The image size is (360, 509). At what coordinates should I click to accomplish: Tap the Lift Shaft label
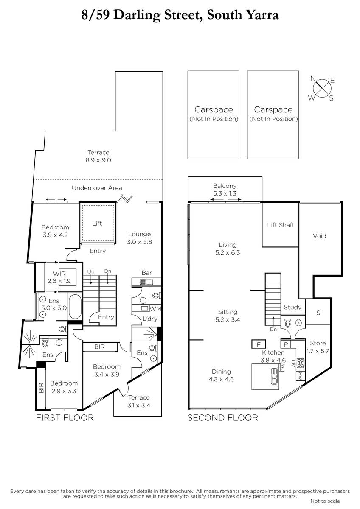tap(281, 225)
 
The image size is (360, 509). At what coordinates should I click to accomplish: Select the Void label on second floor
tap(320, 236)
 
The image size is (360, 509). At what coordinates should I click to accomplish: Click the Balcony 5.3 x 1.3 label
tap(225, 190)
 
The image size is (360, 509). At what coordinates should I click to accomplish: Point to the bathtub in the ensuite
tap(75, 307)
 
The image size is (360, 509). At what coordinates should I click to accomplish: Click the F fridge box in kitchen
tap(259, 344)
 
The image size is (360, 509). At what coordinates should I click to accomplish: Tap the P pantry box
tap(286, 344)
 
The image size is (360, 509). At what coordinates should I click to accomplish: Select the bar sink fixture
tap(146, 282)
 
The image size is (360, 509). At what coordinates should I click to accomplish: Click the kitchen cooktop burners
tap(301, 363)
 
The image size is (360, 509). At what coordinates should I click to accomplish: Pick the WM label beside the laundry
tap(155, 309)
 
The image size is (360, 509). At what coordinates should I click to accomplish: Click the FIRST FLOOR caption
tap(65, 418)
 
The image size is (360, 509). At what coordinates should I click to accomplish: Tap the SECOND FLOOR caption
tap(222, 418)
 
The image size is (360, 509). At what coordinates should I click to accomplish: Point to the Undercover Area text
tap(97, 188)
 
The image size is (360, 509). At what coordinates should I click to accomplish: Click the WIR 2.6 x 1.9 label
tap(59, 277)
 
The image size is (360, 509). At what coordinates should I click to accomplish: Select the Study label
tap(292, 307)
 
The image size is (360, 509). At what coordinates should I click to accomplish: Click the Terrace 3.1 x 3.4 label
tap(139, 401)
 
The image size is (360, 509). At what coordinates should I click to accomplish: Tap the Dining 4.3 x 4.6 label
tap(221, 375)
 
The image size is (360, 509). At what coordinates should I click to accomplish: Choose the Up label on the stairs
tap(91, 271)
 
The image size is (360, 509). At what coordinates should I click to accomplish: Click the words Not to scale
tap(325, 501)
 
